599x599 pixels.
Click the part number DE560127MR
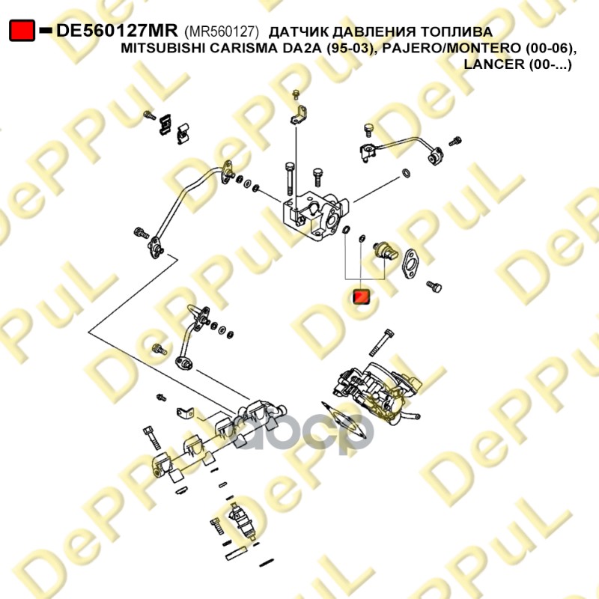(117, 31)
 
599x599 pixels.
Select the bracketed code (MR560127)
(221, 31)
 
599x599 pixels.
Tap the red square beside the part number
(22, 31)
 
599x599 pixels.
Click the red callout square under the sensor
(361, 297)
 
